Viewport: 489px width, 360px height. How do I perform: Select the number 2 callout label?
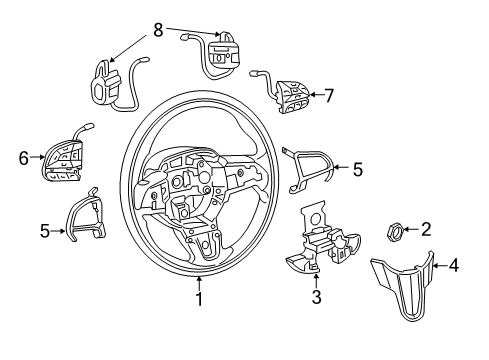click(x=426, y=230)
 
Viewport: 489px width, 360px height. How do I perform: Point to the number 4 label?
click(x=454, y=266)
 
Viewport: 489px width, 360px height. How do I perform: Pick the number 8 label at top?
click(x=156, y=30)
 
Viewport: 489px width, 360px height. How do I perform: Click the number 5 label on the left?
click(x=45, y=231)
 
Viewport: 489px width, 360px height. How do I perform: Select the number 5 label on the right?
click(x=357, y=169)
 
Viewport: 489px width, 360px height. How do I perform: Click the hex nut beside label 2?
click(x=394, y=231)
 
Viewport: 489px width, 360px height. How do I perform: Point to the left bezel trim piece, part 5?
click(x=85, y=217)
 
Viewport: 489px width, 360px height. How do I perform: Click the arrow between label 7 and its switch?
click(x=317, y=95)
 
